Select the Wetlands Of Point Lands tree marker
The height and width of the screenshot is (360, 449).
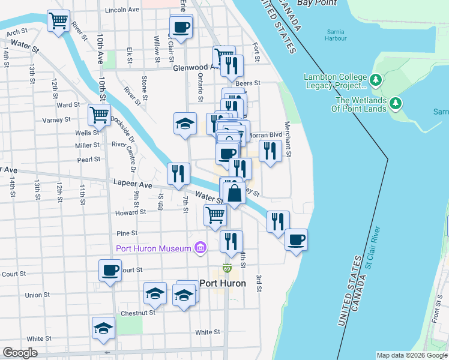[x=395, y=103]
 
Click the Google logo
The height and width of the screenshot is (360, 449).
[x=20, y=353]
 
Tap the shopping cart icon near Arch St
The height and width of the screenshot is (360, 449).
[x=59, y=22]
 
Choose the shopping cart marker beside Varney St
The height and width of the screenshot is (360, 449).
[x=99, y=114]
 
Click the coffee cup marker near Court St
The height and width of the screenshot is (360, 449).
[x=110, y=271]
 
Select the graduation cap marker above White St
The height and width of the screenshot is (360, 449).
[x=103, y=328]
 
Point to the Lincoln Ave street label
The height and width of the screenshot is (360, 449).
[x=122, y=10]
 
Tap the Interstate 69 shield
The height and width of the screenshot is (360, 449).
[x=227, y=268]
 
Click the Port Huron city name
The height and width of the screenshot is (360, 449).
[x=222, y=283]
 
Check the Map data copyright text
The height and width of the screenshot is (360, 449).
[x=411, y=355]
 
